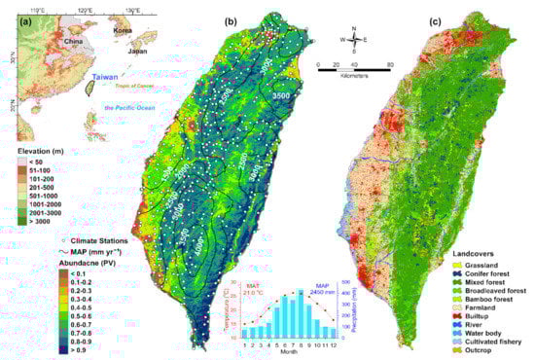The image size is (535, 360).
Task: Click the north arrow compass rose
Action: click(356, 42)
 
